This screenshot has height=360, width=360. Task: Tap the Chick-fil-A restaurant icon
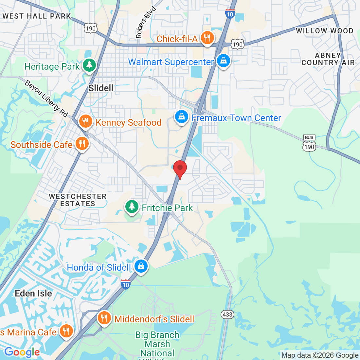coord(207,38)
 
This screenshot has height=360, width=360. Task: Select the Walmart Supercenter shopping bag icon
coord(224,61)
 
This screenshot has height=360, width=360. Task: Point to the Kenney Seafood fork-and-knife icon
coord(85,122)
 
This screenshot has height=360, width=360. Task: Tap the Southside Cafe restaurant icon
coord(81,144)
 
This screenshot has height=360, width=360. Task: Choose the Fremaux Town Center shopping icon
coord(181,117)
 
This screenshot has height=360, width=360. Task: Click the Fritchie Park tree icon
coord(132,207)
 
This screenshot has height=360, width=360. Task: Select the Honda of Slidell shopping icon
coord(141,266)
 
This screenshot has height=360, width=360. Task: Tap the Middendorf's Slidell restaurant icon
coord(104,318)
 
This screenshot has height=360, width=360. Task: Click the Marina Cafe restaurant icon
coord(66,331)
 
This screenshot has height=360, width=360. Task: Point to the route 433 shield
coord(227,315)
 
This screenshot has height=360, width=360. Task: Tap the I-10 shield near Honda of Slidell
coord(126,284)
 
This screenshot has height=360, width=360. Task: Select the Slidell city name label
coord(101,88)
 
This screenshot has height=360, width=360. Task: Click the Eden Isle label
coord(33,293)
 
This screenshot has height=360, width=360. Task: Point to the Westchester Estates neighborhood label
coord(78,200)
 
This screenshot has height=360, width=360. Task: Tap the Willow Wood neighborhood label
coord(325,31)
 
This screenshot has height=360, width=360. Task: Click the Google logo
coord(22,352)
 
